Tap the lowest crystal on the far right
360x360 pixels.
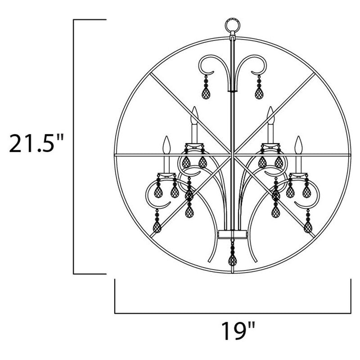pos(308,225)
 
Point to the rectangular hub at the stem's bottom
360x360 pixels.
pos(232,234)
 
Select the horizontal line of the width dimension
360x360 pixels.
pos(233,313)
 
